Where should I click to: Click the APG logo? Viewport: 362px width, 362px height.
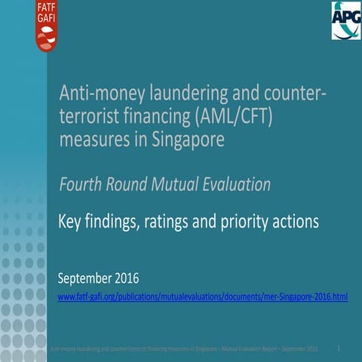[345, 21]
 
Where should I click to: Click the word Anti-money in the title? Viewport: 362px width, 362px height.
[94, 94]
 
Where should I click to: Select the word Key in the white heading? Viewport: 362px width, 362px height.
[70, 222]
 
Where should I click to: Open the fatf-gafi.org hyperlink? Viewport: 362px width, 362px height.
[203, 297]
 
